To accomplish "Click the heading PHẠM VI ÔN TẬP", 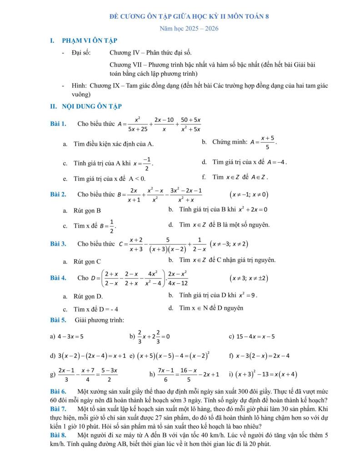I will click(90, 40).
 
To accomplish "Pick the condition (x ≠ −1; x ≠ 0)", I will click(249, 195).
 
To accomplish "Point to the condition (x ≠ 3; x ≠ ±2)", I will click(249, 278).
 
